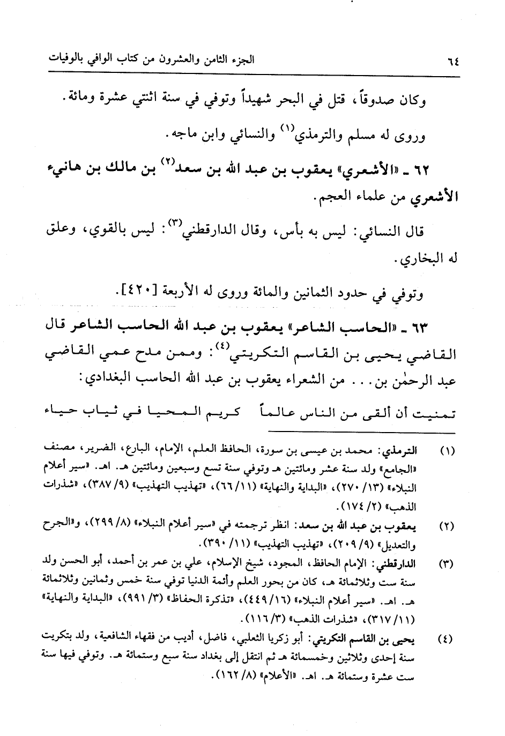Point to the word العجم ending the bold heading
(331, 199)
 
